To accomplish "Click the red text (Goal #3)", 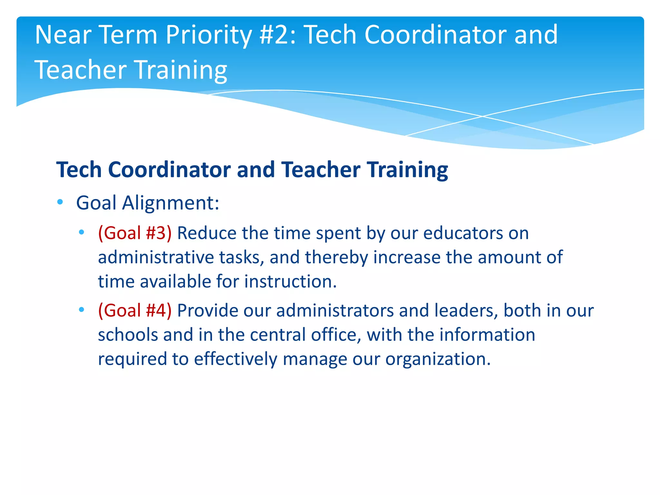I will pos(135,233).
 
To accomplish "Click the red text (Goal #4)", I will pos(135,311).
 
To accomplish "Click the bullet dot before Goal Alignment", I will pos(60,202).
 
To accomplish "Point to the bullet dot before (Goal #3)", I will pos(82,232).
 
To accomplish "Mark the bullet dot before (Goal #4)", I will pos(82,310).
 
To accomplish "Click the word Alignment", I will pos(170,203).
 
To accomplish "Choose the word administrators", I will pos(335,311).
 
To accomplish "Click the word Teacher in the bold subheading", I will pos(321,170).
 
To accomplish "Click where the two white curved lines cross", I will pos(482,116).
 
